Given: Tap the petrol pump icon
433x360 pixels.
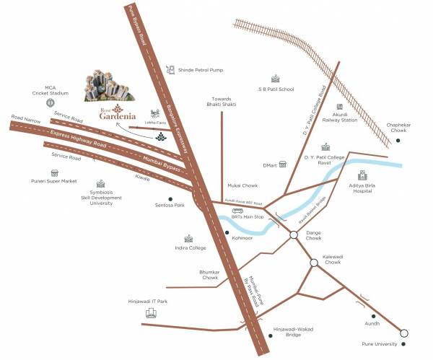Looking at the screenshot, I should click(x=170, y=70).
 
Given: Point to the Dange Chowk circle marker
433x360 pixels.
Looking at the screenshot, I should click(x=294, y=234).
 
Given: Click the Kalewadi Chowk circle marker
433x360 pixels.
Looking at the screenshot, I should click(x=314, y=263).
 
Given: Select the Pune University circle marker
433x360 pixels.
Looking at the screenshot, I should click(x=404, y=333).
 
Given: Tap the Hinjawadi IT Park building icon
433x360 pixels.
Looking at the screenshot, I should click(x=152, y=314).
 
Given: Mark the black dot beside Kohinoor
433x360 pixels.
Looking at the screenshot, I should click(x=227, y=233).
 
